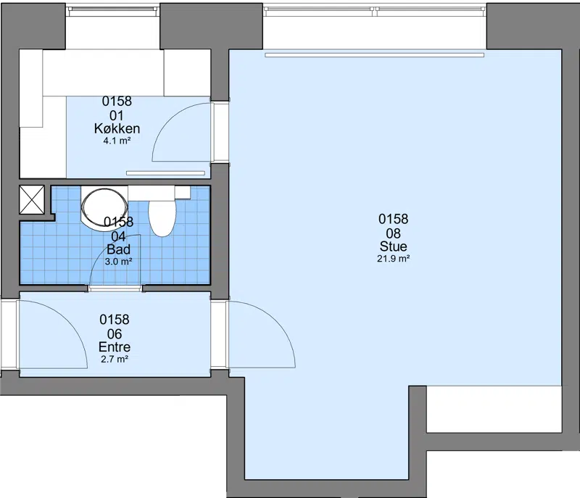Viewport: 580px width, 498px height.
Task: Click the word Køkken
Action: tap(117, 128)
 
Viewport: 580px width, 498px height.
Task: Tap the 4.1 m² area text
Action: tap(117, 141)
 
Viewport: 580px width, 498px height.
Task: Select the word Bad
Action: tap(118, 249)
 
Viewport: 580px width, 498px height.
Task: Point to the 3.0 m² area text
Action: tap(118, 262)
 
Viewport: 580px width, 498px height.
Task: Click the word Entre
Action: tap(115, 346)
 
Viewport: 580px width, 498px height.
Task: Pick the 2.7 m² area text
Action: tap(115, 359)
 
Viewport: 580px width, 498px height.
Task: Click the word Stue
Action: tap(393, 246)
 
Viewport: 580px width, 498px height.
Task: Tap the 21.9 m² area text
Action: tap(393, 259)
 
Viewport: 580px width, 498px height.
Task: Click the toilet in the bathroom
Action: tap(162, 217)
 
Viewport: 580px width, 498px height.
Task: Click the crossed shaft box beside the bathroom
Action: tap(32, 199)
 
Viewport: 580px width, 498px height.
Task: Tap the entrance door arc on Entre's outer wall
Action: tap(67, 318)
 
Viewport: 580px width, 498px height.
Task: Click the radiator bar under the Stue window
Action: tap(374, 55)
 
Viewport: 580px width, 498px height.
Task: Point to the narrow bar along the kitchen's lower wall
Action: tap(165, 173)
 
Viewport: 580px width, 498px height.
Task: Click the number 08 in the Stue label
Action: tap(393, 233)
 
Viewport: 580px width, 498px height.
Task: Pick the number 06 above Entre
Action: tap(115, 334)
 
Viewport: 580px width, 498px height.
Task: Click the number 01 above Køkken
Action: tap(117, 116)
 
